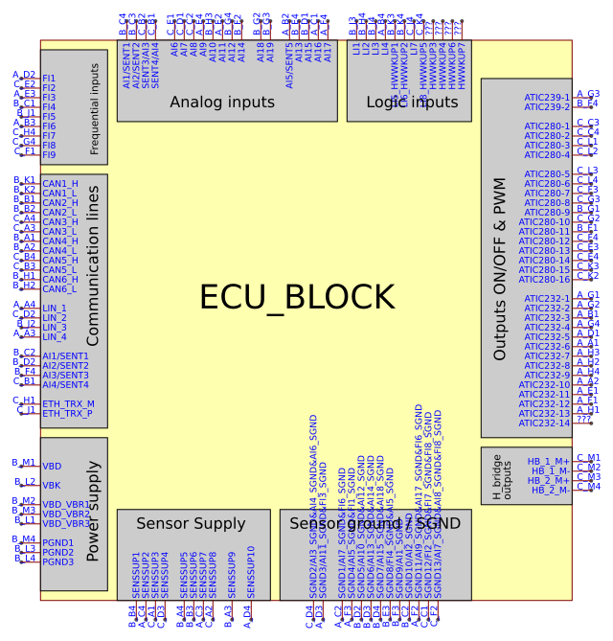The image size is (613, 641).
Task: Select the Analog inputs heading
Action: (221, 102)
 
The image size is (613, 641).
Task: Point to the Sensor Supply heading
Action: (191, 523)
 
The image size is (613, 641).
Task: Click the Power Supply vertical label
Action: (93, 522)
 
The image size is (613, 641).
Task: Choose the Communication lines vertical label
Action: (93, 279)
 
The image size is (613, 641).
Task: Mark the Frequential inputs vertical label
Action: (94, 109)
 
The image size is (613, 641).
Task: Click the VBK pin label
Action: (52, 485)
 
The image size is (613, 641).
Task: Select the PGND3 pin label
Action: (58, 561)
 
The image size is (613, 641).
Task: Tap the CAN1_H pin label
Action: (60, 183)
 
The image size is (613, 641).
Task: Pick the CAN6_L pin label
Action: (59, 288)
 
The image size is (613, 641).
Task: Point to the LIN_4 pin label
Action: (55, 336)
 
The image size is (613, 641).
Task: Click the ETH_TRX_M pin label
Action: (68, 403)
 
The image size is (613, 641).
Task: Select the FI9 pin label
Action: (49, 154)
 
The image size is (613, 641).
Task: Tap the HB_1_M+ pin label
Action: (549, 461)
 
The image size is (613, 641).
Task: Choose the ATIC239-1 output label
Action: (547, 97)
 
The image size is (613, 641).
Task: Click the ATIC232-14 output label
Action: (544, 423)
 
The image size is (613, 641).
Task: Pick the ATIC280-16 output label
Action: (544, 279)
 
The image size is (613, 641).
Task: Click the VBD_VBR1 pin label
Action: (66, 504)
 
